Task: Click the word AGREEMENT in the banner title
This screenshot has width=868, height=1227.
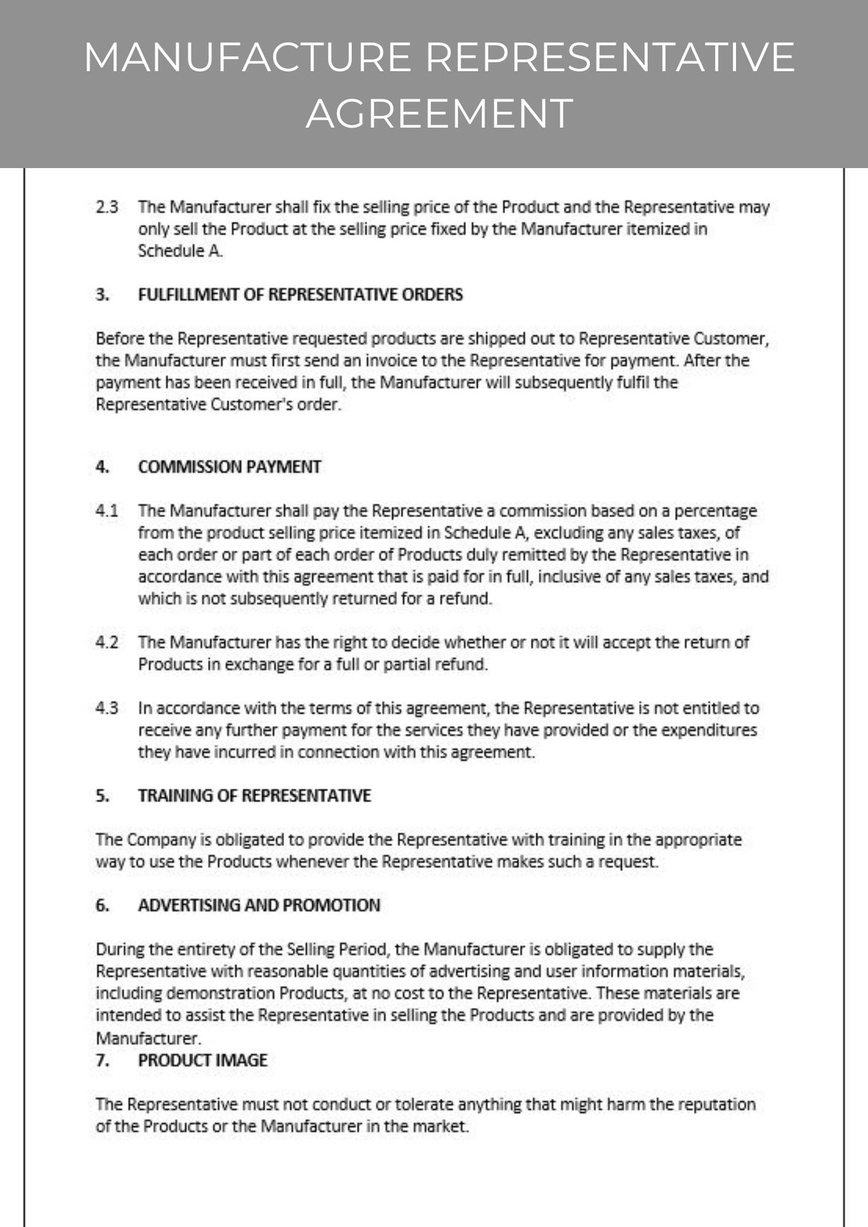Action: pyautogui.click(x=440, y=113)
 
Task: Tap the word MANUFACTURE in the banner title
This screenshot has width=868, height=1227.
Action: pyautogui.click(x=247, y=57)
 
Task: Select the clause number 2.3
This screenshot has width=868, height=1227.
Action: pyautogui.click(x=107, y=207)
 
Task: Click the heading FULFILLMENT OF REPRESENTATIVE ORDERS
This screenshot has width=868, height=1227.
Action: pyautogui.click(x=300, y=295)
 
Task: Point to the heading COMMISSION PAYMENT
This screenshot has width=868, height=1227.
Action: pyautogui.click(x=230, y=467)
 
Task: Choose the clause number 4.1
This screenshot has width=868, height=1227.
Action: pyautogui.click(x=107, y=511)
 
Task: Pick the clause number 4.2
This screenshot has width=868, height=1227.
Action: pyautogui.click(x=107, y=642)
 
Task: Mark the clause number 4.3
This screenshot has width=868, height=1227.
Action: pyautogui.click(x=107, y=709)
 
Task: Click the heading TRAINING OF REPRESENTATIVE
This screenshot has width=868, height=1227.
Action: pyautogui.click(x=254, y=796)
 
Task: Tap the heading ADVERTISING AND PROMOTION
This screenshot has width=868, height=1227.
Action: pyautogui.click(x=259, y=906)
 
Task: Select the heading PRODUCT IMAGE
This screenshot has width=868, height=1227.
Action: pyautogui.click(x=203, y=1061)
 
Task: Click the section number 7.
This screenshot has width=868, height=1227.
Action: pyautogui.click(x=103, y=1061)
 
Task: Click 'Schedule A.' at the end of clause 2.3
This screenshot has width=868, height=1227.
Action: pyautogui.click(x=180, y=252)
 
